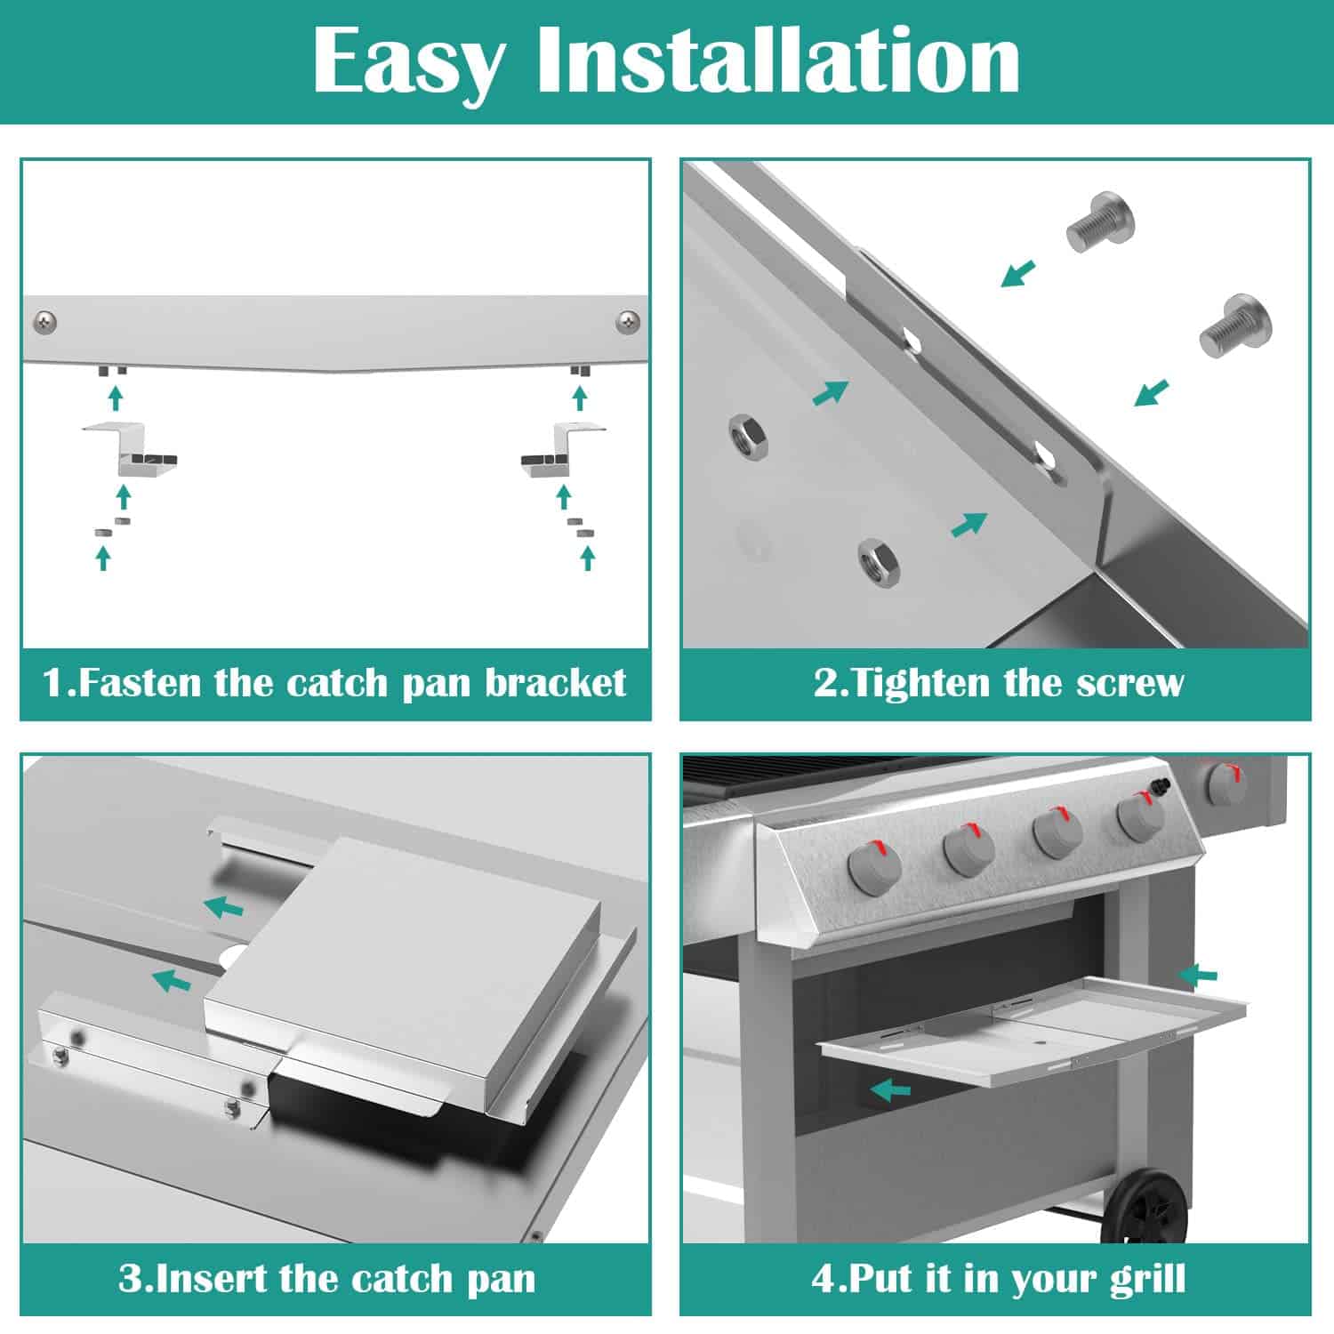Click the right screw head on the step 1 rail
tap(629, 319)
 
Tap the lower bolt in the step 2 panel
tap(1236, 325)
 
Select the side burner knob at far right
tap(1226, 784)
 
